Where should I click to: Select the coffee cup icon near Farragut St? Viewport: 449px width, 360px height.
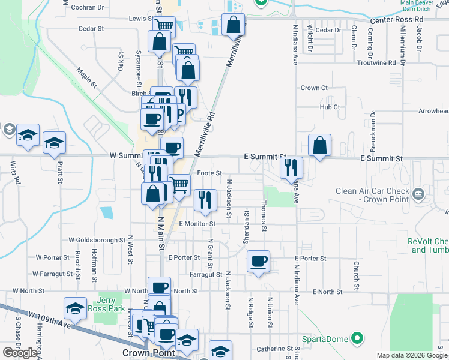coord(259,262)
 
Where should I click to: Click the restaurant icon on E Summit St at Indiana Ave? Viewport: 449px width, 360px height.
coord(291,168)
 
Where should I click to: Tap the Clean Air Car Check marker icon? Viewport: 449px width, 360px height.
coord(418,193)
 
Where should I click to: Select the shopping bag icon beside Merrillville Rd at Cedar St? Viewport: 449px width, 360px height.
coord(233,25)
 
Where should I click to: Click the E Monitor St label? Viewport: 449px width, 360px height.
coord(197,223)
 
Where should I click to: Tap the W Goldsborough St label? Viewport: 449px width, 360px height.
coord(97,239)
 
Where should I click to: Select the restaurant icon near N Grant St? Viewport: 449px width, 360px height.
coord(206,200)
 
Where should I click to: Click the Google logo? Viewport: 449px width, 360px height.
coord(20,353)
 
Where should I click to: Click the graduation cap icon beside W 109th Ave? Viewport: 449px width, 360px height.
coord(75,308)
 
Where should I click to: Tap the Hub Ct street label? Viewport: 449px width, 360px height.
coord(330,107)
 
